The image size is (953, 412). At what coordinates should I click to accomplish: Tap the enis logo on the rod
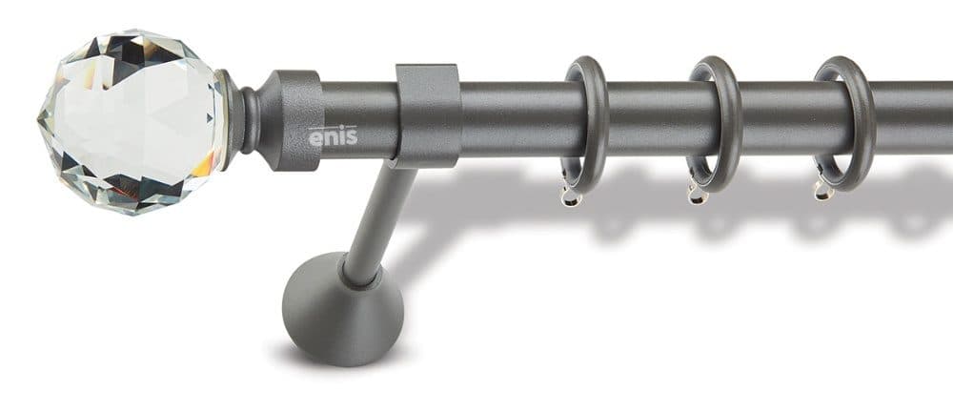pos(333,135)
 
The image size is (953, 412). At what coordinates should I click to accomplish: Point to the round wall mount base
pos(343,309)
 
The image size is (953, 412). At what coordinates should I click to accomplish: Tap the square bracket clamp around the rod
pos(428,115)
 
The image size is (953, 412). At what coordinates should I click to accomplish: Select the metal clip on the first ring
pos(571,194)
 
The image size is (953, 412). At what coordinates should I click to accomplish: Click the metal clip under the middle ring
pos(698,191)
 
